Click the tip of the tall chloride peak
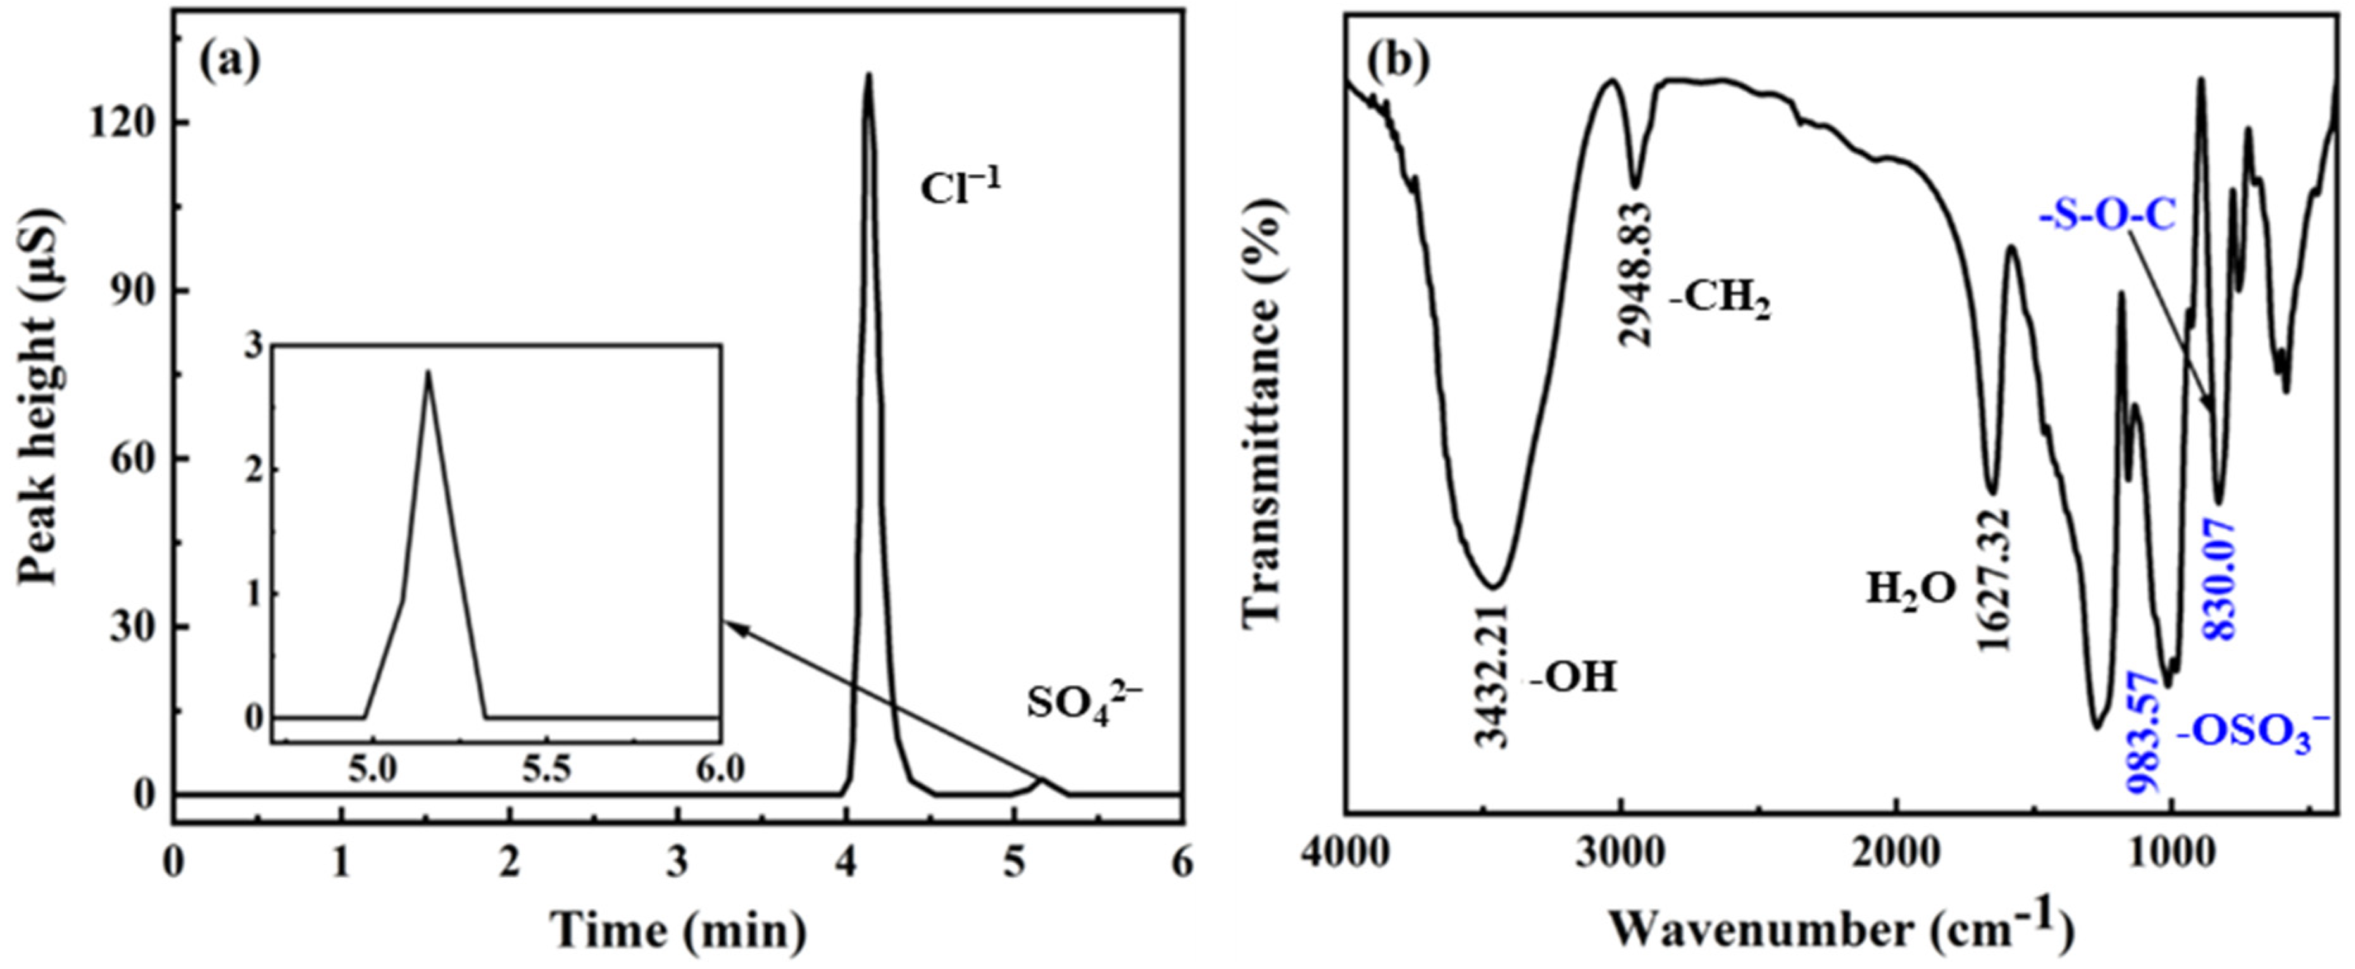(868, 75)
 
